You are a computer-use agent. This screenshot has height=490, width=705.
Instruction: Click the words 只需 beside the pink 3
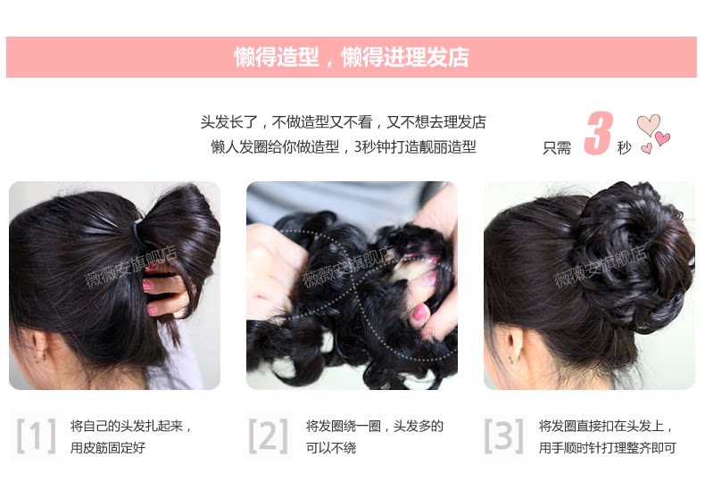pos(557,147)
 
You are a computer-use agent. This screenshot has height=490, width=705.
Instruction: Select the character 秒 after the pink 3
pos(624,147)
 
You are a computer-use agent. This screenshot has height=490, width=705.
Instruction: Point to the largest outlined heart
pos(648,124)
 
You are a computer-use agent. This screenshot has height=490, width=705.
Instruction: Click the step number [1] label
pos(36,436)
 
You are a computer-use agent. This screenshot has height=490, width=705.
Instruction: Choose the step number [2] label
pos(268,436)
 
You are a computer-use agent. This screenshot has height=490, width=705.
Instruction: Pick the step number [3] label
pos(503,436)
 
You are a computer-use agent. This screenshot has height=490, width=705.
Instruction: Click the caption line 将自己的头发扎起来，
pos(131,426)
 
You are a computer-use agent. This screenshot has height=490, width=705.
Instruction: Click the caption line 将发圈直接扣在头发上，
pos(606,426)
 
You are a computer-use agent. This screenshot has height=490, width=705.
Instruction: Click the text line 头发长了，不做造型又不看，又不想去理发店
pos(344,122)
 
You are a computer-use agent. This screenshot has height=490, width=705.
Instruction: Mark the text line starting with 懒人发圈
pos(344,147)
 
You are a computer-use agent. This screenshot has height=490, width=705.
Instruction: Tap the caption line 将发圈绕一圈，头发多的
pos(374,426)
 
